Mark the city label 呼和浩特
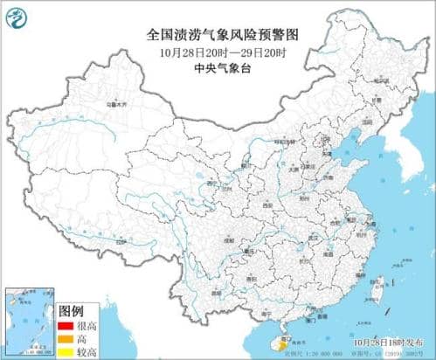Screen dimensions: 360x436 click(x=284, y=140)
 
